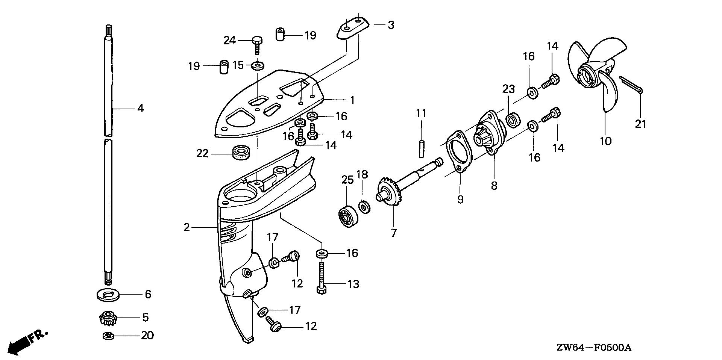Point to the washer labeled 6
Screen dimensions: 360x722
click(108, 294)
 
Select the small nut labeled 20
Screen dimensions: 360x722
click(108, 336)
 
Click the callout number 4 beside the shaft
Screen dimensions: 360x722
click(140, 109)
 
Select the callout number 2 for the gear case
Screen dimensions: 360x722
click(187, 228)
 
